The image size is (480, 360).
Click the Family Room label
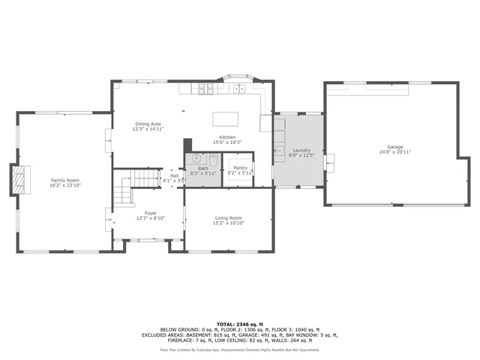click(x=64, y=180)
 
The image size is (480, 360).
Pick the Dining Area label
click(x=148, y=124)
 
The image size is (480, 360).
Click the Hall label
click(x=174, y=175)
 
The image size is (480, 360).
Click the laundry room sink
click(x=279, y=146)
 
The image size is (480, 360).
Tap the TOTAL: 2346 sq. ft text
click(x=240, y=323)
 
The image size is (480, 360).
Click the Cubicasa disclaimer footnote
click(x=240, y=349)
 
